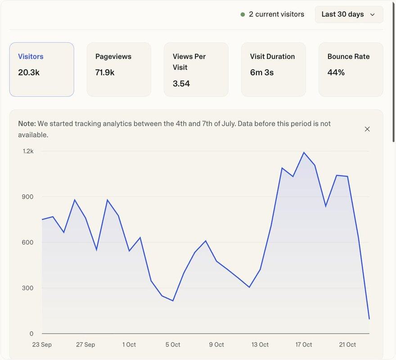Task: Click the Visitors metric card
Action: (x=41, y=69)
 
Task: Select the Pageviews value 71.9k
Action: (x=105, y=72)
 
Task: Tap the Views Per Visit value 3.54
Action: (x=181, y=83)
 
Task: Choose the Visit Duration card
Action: (x=273, y=69)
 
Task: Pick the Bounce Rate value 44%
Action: (x=336, y=72)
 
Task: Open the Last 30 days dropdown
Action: (x=349, y=14)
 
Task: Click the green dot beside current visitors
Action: (x=243, y=14)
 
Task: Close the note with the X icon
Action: (x=367, y=129)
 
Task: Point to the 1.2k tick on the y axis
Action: (x=28, y=151)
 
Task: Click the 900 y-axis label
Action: (x=28, y=197)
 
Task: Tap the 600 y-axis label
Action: (x=28, y=243)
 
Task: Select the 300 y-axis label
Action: (x=28, y=288)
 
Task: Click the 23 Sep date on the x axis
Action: (x=42, y=345)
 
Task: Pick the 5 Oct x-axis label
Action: (x=173, y=345)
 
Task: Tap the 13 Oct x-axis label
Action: (x=260, y=345)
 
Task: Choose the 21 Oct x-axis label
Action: (x=347, y=345)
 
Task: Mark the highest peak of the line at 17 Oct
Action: (x=304, y=153)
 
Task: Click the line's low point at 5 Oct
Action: (x=173, y=301)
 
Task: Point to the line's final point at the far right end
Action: (x=369, y=319)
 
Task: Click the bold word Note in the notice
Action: (x=27, y=123)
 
